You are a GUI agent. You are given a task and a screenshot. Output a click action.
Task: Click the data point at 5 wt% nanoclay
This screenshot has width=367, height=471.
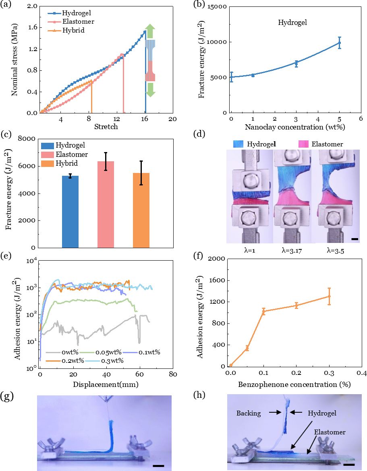(339, 43)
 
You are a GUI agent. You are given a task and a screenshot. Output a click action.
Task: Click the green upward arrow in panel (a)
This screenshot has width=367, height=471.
(150, 32)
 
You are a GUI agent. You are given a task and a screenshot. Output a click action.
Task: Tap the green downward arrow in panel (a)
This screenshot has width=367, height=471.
(150, 89)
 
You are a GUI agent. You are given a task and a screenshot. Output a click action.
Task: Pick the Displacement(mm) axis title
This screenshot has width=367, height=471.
(106, 384)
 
